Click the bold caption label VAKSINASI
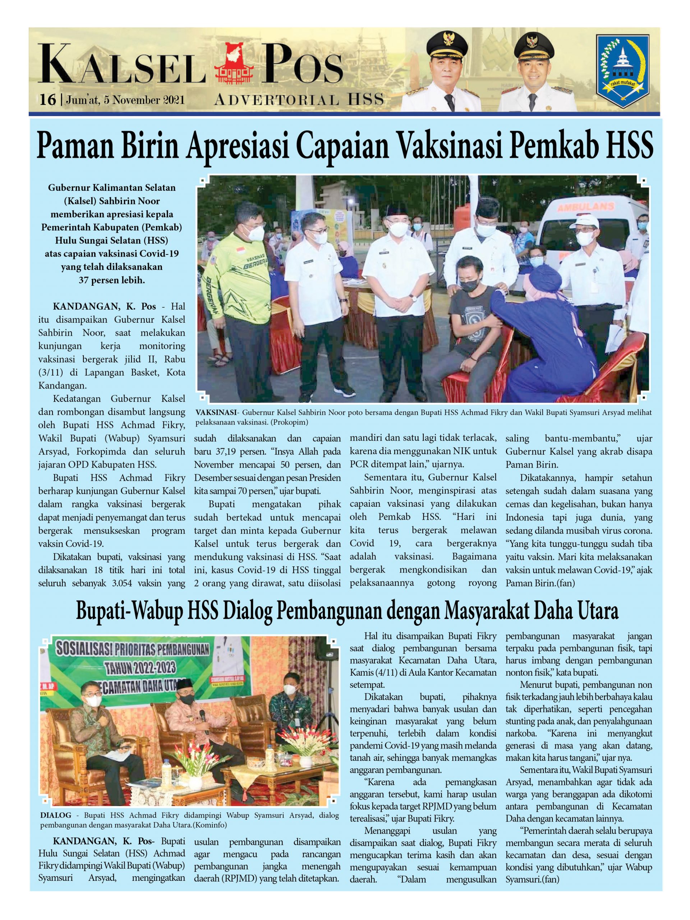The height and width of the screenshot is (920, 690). [x=215, y=413]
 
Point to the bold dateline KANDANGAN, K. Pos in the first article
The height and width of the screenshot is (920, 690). [x=104, y=307]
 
